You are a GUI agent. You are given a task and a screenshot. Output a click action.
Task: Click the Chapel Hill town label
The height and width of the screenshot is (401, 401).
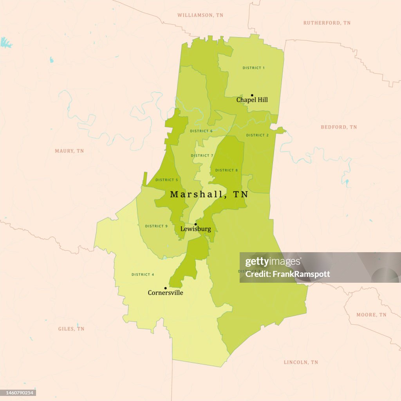click(x=252, y=100)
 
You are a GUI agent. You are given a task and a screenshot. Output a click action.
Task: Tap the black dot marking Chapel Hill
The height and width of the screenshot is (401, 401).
click(x=252, y=95)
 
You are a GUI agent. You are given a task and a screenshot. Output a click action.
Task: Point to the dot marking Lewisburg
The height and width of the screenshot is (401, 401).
click(x=196, y=224)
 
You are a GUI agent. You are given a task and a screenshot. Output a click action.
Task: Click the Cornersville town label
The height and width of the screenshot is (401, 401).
click(x=165, y=293)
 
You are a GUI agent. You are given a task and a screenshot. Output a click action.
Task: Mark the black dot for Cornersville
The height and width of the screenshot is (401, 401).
click(x=165, y=288)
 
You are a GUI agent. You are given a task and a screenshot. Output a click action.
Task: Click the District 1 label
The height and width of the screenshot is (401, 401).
click(x=253, y=68)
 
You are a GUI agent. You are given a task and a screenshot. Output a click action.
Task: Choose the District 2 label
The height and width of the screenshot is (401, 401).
click(x=257, y=135)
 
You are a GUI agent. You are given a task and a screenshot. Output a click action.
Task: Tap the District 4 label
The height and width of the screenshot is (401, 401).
click(x=143, y=275)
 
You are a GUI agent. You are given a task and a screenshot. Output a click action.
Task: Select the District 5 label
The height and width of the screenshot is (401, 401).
click(x=166, y=180)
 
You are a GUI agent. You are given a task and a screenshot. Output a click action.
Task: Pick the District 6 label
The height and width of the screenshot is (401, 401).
click(x=201, y=131)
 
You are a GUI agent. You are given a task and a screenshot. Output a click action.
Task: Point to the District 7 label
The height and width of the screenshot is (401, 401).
click(x=202, y=155)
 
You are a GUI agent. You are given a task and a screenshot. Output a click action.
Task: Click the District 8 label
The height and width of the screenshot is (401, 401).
click(x=226, y=170)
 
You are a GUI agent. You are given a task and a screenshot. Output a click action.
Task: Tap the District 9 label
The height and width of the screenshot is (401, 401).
click(x=156, y=226)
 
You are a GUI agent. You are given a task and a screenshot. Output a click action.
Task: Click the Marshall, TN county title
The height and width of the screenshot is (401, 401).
click(x=209, y=194)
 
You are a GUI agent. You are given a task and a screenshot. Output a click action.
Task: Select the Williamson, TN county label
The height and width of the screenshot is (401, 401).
click(x=200, y=15)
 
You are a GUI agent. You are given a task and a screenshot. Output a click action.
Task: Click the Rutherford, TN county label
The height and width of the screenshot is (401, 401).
click(x=327, y=23)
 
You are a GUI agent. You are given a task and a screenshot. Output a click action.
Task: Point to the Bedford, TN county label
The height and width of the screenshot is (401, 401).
click(x=339, y=127)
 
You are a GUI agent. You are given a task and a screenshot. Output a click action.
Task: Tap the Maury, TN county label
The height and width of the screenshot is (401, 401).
click(x=69, y=151)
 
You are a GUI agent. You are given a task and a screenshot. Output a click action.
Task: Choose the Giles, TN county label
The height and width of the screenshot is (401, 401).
click(x=71, y=329)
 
